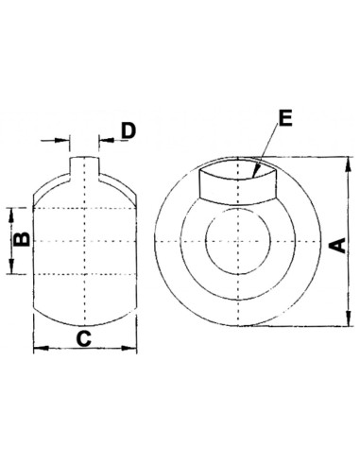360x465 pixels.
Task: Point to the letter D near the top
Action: pyautogui.click(x=129, y=128)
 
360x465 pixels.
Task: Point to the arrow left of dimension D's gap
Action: pyautogui.click(x=66, y=141)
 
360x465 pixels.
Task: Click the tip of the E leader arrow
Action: pyautogui.click(x=256, y=176)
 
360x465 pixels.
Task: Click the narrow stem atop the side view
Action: pyautogui.click(x=86, y=170)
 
